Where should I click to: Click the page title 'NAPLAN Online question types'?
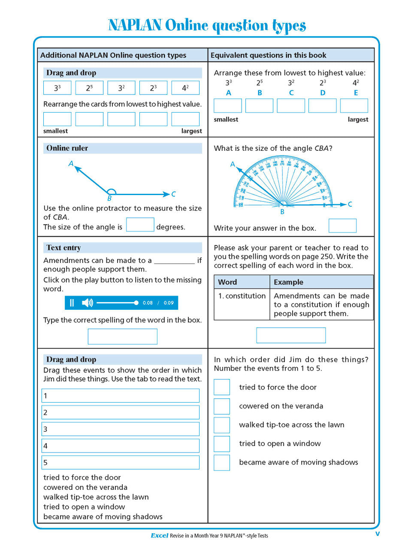point(207,26)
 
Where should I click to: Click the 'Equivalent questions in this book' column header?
point(268,55)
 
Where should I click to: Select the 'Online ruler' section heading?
point(67,148)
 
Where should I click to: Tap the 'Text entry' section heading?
point(63,248)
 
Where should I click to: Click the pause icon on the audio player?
point(72,303)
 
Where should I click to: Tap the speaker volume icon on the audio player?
point(87,303)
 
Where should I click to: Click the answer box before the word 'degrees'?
point(140,225)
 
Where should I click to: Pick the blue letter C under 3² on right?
point(291,93)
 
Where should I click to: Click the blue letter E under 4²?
point(355,93)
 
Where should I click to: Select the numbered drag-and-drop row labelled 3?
point(121,429)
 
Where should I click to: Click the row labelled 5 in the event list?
point(121,462)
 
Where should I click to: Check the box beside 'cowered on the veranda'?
point(222,406)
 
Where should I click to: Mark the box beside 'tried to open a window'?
point(222,443)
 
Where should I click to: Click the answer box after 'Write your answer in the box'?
point(342,226)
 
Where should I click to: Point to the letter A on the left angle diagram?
point(71,163)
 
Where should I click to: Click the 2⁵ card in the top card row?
point(89,88)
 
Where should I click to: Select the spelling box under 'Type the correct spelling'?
point(122,336)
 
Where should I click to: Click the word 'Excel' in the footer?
point(159,535)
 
